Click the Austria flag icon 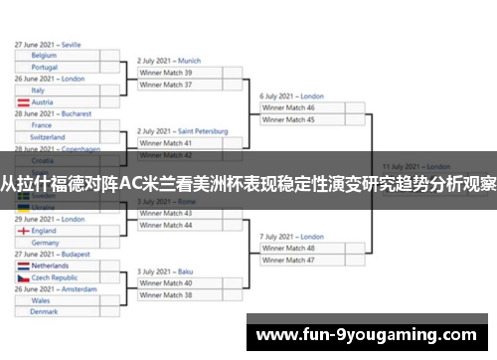pyautogui.click(x=22, y=102)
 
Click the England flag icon pyautogui.click(x=22, y=231)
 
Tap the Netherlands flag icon pyautogui.click(x=22, y=267)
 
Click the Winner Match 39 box pyautogui.click(x=179, y=73)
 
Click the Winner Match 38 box pyautogui.click(x=179, y=295)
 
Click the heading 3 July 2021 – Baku pyautogui.click(x=165, y=271)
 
